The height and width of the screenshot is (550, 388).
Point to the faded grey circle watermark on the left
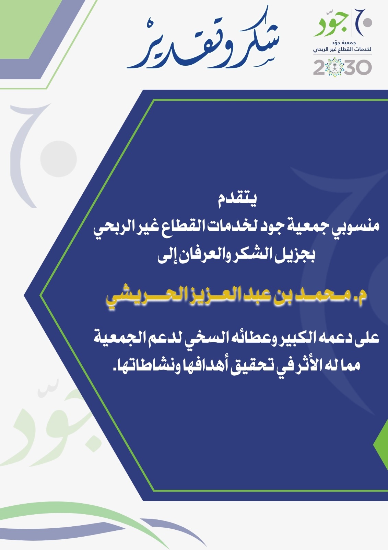point(59,159)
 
